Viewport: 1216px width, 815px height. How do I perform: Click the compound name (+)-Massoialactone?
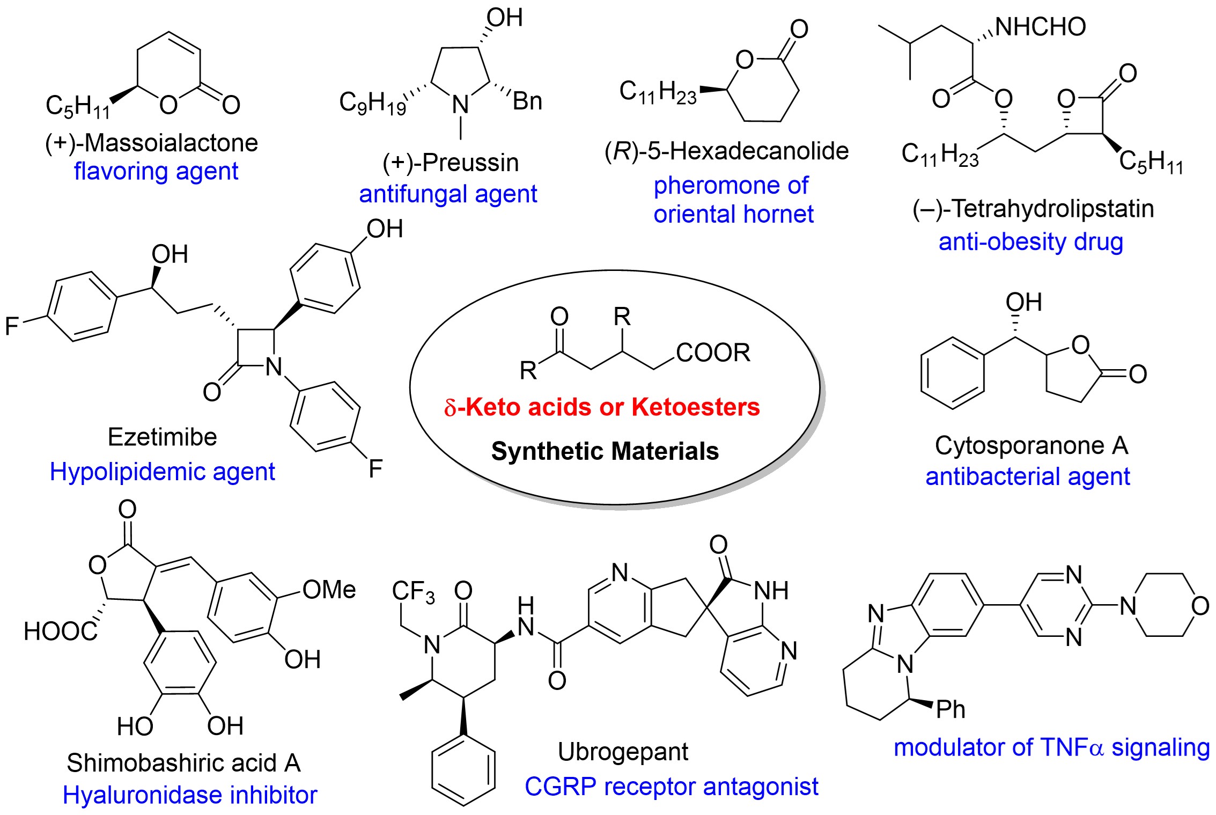[151, 143]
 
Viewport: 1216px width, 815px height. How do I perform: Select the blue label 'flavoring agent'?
[156, 172]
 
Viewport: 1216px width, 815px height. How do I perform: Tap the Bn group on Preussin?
[527, 101]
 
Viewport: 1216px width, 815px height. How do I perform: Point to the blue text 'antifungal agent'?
[448, 194]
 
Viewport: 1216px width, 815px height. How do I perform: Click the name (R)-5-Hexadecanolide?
[726, 151]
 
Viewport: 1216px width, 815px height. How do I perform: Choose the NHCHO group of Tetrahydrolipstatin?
[1040, 27]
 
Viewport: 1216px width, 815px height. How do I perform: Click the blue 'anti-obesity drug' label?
[1030, 242]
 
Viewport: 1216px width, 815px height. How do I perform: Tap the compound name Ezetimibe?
[162, 437]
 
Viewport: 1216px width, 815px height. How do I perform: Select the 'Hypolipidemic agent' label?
[162, 472]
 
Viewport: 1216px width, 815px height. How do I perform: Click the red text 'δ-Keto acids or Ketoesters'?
[602, 407]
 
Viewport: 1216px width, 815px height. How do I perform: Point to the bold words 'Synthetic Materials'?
[605, 451]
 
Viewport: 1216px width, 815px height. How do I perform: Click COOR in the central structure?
[713, 353]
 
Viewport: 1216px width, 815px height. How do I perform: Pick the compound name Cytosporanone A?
[1031, 445]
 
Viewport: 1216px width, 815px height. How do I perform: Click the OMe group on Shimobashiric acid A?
[329, 590]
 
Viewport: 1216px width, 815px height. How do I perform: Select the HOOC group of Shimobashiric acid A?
[60, 632]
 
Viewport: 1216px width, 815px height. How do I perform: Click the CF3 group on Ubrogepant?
[413, 591]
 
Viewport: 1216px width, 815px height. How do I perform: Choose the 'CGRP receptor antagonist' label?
[671, 787]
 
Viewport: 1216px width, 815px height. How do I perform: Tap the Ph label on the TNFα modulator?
[950, 710]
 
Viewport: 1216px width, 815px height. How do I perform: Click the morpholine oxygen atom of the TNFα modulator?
[1200, 606]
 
